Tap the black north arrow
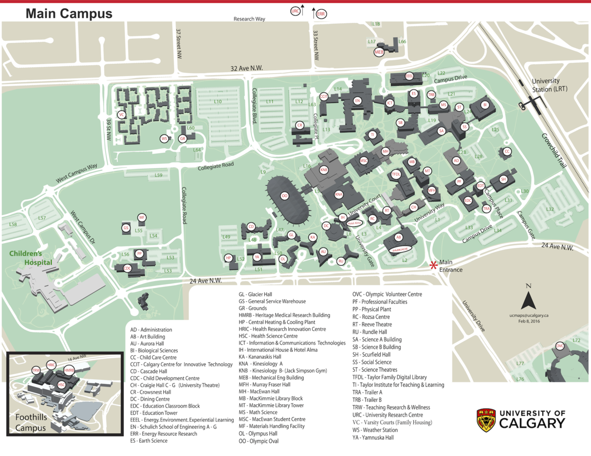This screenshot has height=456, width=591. pyautogui.click(x=528, y=300)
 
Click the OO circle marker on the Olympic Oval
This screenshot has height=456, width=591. pyautogui.click(x=284, y=196)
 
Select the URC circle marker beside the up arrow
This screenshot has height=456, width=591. pyautogui.click(x=296, y=11)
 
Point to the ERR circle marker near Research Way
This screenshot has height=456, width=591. pyautogui.click(x=320, y=14)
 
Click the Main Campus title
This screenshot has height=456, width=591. pyautogui.click(x=69, y=14)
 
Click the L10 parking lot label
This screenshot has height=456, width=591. pyautogui.click(x=218, y=101)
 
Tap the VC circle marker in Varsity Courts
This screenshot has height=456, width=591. pyautogui.click(x=122, y=114)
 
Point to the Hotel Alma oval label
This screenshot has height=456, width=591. pyautogui.click(x=354, y=223)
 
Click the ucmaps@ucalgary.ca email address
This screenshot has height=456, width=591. pyautogui.click(x=528, y=315)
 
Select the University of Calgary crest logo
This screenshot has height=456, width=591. pyautogui.click(x=486, y=420)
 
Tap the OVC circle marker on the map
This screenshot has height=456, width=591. pyautogui.click(x=560, y=346)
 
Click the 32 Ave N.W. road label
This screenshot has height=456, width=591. pyautogui.click(x=248, y=68)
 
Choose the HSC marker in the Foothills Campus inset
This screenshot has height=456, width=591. pyautogui.click(x=61, y=385)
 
